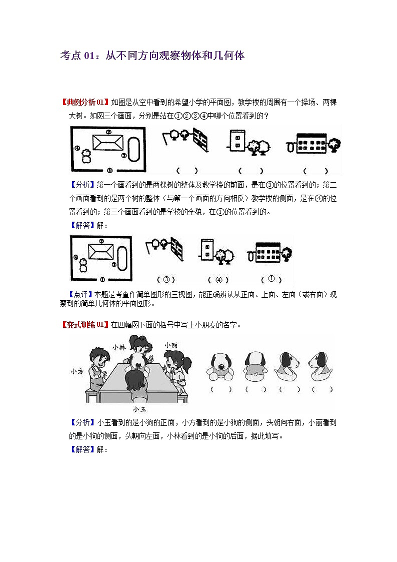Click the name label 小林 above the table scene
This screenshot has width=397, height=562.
click(118, 346)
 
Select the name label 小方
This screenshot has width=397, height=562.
click(77, 371)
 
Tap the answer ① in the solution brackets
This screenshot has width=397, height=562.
click(271, 279)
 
